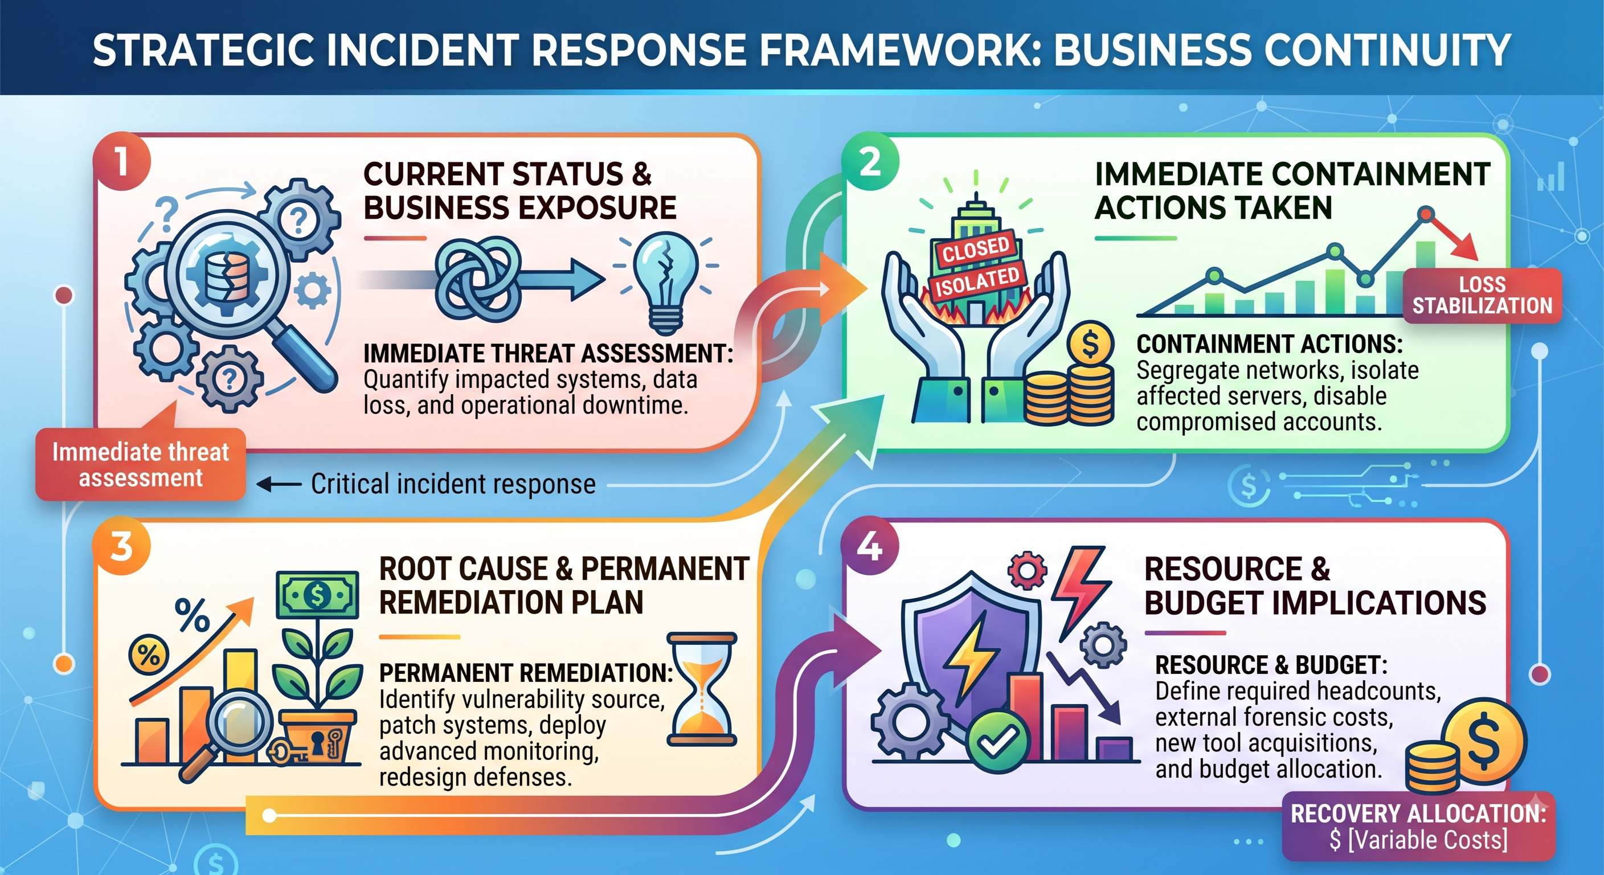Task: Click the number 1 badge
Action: (122, 161)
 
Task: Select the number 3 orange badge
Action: (122, 546)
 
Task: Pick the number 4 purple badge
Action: (870, 546)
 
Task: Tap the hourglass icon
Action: (702, 689)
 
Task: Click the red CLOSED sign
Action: (976, 249)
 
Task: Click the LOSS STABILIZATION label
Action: (1482, 295)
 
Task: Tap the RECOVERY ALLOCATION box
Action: (1418, 827)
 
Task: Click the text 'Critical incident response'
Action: (453, 484)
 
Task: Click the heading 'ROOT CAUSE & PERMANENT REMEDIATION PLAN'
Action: (564, 586)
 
